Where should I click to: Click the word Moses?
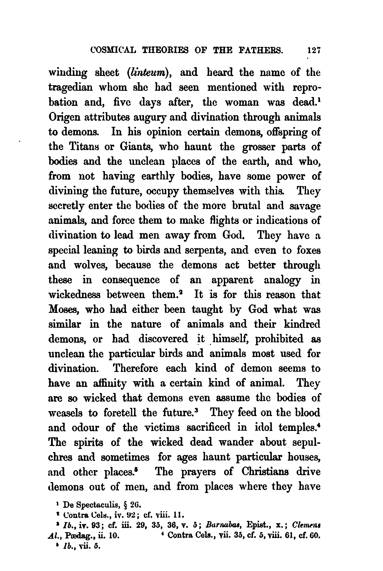click(63, 310)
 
